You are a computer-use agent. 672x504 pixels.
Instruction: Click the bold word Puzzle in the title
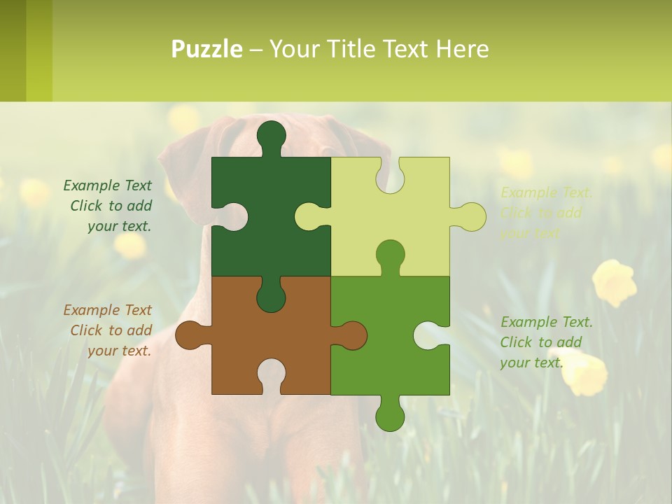tap(207, 49)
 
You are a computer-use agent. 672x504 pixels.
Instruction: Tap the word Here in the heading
tap(463, 49)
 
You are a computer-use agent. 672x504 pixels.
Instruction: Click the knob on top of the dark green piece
tap(271, 136)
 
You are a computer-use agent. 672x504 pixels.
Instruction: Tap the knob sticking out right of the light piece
tap(470, 216)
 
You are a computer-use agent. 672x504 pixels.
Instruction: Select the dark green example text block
tap(108, 206)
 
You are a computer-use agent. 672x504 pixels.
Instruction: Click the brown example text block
tap(108, 330)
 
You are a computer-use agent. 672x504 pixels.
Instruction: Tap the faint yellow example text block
tap(546, 213)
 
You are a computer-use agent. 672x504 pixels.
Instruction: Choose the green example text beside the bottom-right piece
tap(546, 342)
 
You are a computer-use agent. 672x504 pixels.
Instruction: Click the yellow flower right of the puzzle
tap(614, 281)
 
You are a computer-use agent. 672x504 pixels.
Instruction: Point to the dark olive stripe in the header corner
tap(13, 50)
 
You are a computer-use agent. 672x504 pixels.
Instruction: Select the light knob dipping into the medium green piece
tap(390, 255)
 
